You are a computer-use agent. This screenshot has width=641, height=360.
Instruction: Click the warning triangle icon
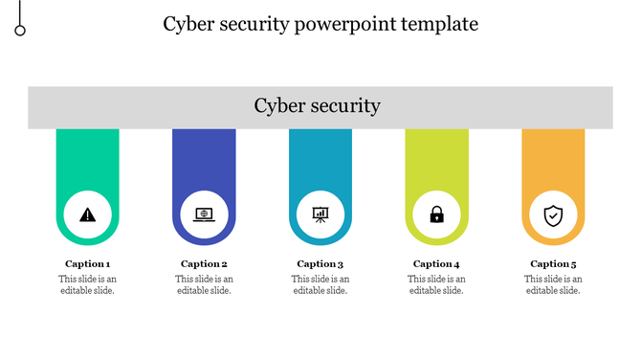coord(88,214)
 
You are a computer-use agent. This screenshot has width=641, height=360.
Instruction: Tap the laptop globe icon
coord(204,214)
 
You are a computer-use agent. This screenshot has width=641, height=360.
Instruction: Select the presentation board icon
coord(320,214)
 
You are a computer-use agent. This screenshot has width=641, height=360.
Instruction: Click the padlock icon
coord(436,214)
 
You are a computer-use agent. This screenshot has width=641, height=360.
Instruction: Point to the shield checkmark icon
coord(553,214)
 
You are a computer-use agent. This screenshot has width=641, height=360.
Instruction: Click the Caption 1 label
coord(88,264)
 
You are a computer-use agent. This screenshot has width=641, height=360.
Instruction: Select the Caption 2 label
coord(204,264)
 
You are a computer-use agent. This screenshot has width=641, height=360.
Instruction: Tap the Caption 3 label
coord(320,264)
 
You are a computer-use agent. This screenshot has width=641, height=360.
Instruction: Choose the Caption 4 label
coord(436,264)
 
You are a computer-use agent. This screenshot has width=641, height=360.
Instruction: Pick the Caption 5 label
coord(553,264)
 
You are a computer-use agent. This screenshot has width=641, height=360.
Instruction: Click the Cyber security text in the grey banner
coord(318,106)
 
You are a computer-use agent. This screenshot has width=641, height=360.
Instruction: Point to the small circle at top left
coord(20,31)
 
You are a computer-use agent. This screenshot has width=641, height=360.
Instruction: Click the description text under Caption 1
coord(88,284)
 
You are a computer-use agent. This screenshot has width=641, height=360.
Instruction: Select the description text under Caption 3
coord(320,284)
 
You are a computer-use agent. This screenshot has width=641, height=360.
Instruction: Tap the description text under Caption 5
coord(553,284)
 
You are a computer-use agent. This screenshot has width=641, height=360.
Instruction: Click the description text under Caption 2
coord(204,284)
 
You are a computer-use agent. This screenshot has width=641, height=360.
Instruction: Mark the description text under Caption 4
coord(436,284)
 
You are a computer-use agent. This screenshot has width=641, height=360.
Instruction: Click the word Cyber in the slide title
coord(188,24)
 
